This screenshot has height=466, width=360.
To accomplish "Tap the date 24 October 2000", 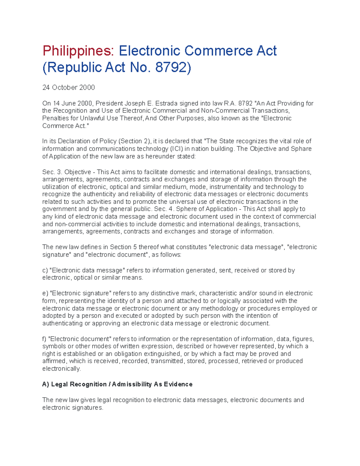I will pos(68,88).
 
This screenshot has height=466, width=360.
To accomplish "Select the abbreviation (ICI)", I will pos(176,149).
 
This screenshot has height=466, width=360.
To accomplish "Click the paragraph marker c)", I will pos(45,270).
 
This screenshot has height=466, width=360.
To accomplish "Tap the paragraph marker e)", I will pos(45,293).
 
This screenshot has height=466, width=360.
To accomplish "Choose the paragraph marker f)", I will pos(44,339).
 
